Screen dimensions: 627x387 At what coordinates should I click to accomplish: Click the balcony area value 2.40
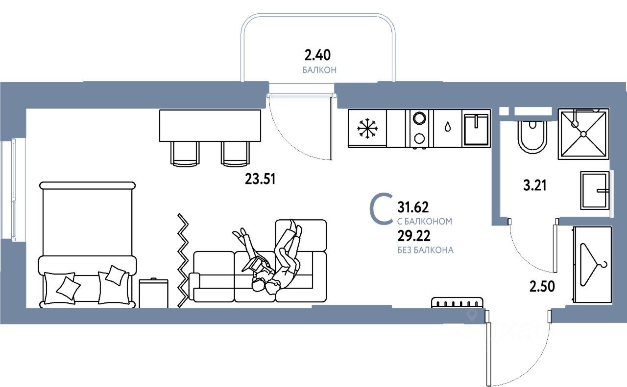(x=319, y=54)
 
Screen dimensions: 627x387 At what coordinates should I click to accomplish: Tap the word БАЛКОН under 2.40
(x=319, y=70)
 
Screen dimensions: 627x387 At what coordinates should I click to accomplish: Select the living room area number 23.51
(x=261, y=180)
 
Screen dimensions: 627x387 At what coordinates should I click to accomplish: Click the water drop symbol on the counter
(x=448, y=127)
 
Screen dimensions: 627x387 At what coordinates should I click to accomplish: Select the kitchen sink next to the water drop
(x=476, y=129)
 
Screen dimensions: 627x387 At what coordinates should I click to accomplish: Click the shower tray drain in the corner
(x=583, y=134)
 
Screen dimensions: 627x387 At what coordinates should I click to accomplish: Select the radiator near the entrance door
(x=457, y=303)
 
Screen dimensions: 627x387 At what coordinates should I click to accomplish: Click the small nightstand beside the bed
(x=153, y=294)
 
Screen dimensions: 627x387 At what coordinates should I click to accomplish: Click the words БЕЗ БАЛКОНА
(x=426, y=250)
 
